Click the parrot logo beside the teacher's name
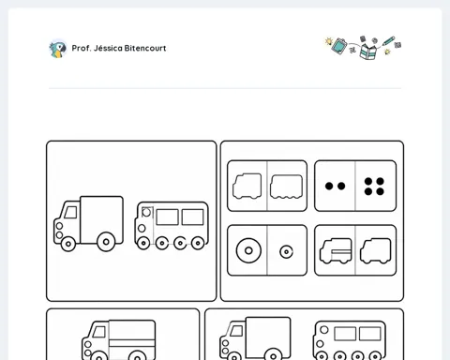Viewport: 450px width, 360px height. coord(58,49)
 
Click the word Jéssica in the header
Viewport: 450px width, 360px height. coord(108,48)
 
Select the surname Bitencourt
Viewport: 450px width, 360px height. coord(145,48)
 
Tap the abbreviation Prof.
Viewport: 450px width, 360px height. coord(82,48)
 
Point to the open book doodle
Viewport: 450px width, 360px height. coord(368,52)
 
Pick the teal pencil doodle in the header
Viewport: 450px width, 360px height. coord(388,41)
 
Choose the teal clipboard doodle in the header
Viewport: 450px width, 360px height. coord(339,46)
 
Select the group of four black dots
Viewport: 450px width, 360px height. coord(374,187)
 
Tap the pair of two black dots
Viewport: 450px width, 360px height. coord(335,187)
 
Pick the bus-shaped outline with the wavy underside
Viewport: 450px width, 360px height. coord(286,187)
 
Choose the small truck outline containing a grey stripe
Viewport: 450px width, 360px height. coord(336,251)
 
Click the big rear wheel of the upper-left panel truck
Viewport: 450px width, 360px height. coord(106,242)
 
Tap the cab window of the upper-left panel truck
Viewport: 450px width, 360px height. coord(71,213)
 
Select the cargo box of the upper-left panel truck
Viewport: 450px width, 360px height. coord(101,219)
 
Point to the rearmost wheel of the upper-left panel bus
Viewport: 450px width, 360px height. coord(198,243)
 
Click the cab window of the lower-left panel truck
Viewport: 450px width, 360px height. coord(99,332)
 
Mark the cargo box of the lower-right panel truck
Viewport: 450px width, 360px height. coord(268,337)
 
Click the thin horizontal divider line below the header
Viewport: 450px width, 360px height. coord(225,88)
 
